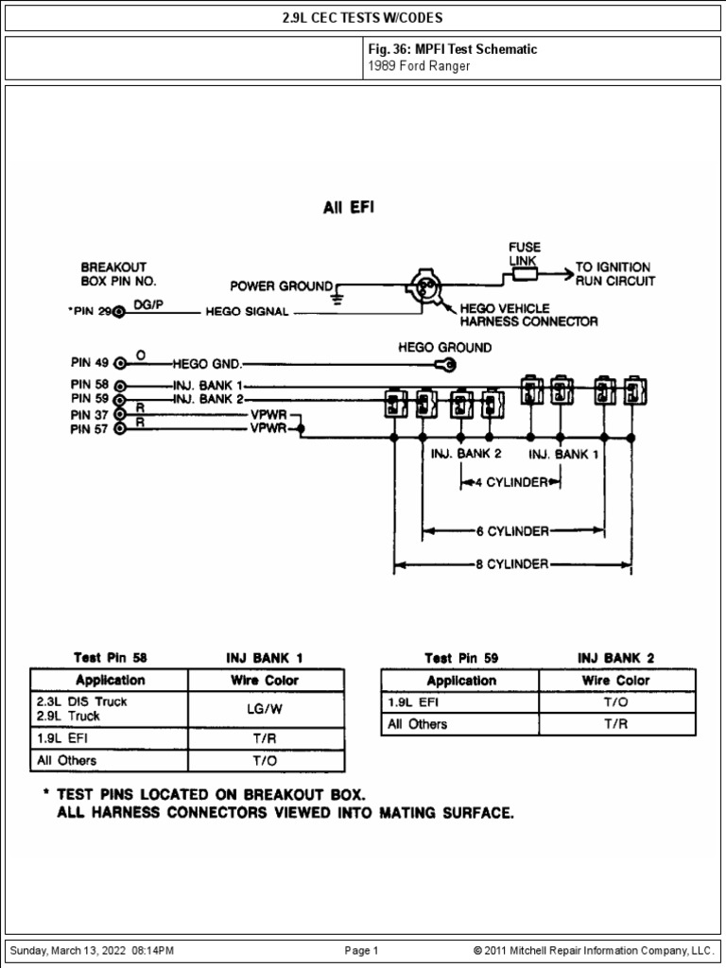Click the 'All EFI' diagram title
[x=349, y=208]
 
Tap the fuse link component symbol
[x=524, y=274]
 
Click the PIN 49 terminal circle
[x=119, y=362]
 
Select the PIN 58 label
[x=90, y=386]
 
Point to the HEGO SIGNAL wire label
[x=247, y=313]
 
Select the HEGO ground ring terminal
[x=443, y=365]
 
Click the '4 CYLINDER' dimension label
[x=511, y=482]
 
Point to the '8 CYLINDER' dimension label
[x=511, y=564]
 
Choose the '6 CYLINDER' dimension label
[x=511, y=530]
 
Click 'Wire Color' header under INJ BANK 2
[x=615, y=681]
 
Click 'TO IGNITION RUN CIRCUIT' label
[x=614, y=274]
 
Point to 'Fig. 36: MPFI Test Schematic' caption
[x=453, y=48]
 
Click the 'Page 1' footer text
[x=361, y=950]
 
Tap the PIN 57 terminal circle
[x=119, y=429]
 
